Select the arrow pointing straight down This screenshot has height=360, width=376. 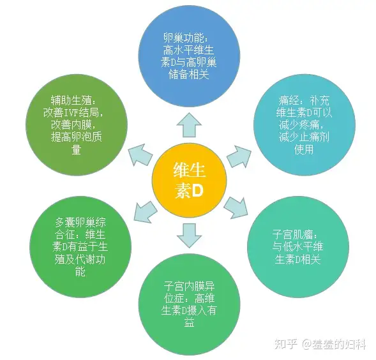click(189, 236)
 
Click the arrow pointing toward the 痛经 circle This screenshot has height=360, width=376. click(239, 156)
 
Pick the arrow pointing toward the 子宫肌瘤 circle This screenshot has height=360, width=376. click(236, 207)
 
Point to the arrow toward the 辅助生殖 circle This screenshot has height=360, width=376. click(140, 155)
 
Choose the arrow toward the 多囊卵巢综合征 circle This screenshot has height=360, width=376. click(146, 212)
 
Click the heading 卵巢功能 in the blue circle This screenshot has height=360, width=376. click(184, 38)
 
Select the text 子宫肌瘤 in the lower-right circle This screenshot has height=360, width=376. click(292, 234)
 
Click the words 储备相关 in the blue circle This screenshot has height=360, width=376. click(189, 75)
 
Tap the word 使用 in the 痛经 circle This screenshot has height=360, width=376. click(304, 149)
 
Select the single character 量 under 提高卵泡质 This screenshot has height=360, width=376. click(76, 149)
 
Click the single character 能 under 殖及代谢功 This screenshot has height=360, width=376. click(80, 271)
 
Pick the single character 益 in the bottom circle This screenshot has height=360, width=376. click(189, 322)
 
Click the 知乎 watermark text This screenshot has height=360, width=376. click(286, 345)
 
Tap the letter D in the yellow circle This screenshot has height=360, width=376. click(197, 191)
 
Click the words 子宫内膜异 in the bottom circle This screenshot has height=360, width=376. click(189, 286)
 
